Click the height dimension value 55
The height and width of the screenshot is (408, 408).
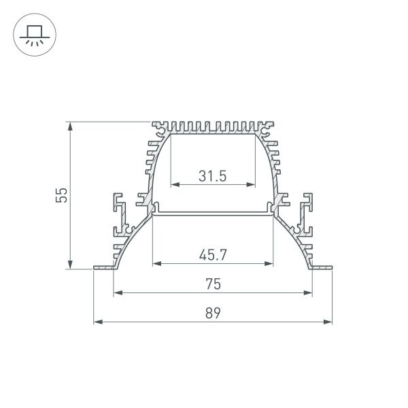pos(61,196)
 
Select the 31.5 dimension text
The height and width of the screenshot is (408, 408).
pos(212,176)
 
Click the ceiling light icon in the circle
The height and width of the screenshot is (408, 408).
pos(31,33)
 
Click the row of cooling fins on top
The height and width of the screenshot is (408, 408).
pos(213,126)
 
